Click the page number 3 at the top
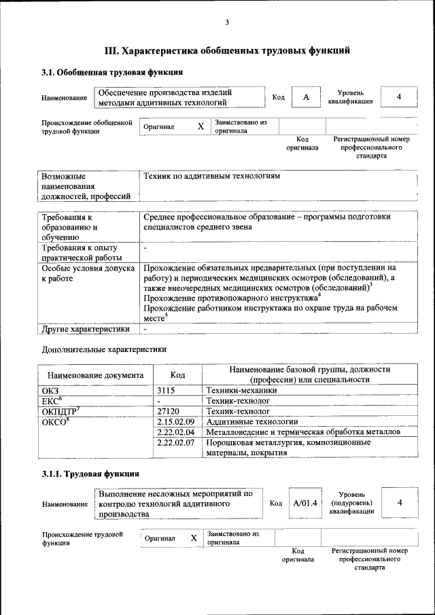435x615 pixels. coord(227,22)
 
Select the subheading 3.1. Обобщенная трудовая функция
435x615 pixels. coord(113,72)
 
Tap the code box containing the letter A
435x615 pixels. coord(306,98)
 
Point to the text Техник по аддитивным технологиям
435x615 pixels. coord(211,176)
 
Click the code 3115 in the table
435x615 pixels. coord(167,391)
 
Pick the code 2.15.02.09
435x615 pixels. coord(175,422)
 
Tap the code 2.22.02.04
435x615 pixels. coord(175,432)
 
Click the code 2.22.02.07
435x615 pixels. coord(175,442)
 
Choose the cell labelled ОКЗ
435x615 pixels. coord(51,391)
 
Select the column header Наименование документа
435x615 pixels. coord(94,374)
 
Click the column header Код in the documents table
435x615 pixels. coord(177,374)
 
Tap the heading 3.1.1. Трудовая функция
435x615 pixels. coord(91,474)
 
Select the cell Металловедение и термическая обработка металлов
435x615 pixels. coord(303,432)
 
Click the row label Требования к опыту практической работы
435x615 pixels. coord(80,253)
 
